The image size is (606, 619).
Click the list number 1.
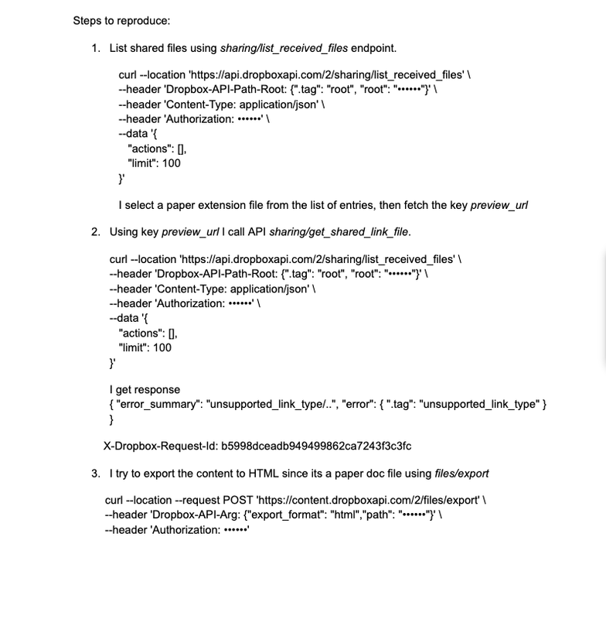[95, 48]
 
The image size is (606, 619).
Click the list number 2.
[95, 231]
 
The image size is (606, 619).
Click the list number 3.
[95, 472]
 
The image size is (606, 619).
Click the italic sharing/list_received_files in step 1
[284, 48]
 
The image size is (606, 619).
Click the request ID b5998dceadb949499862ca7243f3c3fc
[316, 446]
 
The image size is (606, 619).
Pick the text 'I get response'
[145, 389]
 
